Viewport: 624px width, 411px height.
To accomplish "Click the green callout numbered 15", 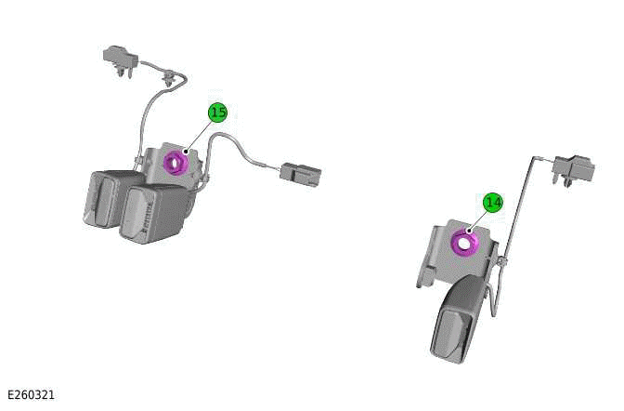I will click(x=217, y=113).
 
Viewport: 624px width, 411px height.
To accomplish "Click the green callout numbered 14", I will click(x=492, y=202).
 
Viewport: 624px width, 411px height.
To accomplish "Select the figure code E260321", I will click(x=31, y=395).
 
